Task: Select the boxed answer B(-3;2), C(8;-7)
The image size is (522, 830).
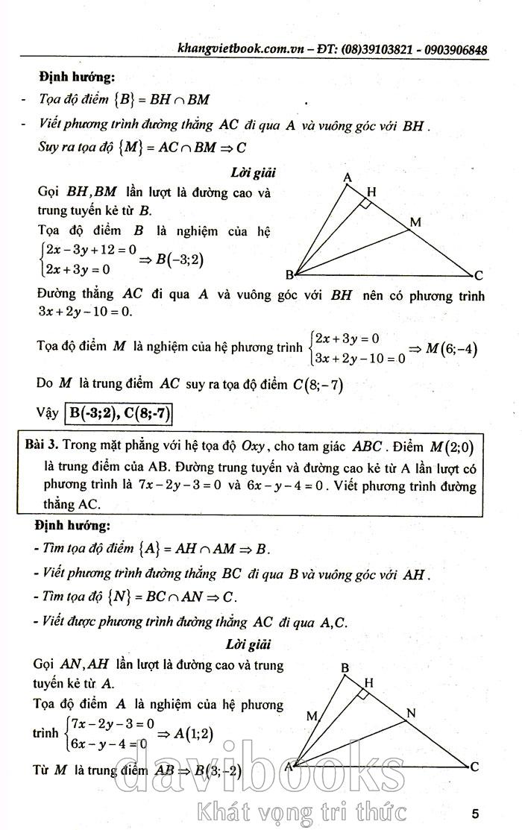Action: click(122, 412)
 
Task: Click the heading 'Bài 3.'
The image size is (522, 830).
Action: click(42, 445)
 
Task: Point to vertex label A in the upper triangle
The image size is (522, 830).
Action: click(347, 177)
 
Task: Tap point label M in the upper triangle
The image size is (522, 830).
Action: click(415, 222)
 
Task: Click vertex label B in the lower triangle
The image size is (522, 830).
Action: click(345, 667)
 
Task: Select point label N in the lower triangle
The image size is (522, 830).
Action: click(410, 713)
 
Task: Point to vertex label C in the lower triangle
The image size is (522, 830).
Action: click(474, 766)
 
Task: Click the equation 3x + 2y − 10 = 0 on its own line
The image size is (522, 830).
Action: click(84, 311)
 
